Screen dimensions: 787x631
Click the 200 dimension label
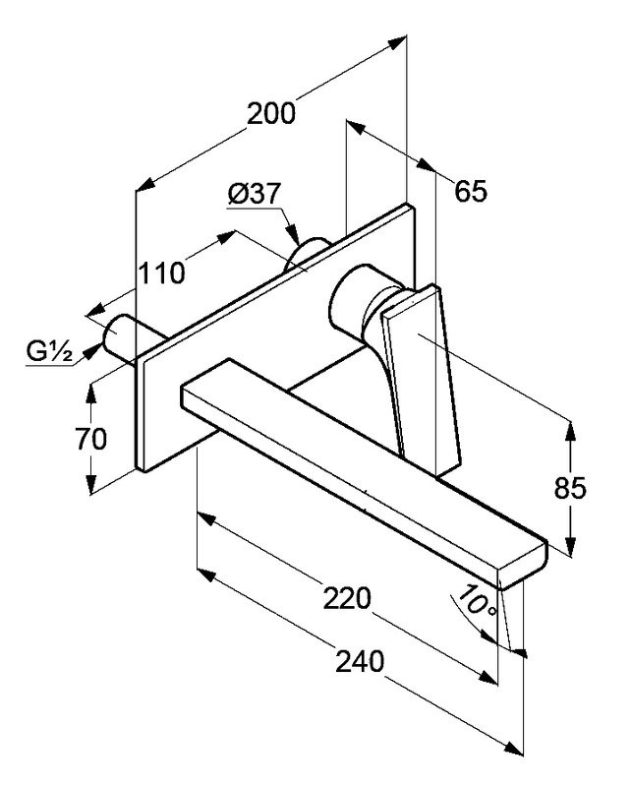click(x=270, y=113)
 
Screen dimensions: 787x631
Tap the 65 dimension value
click(x=471, y=191)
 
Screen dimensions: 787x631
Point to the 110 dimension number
click(x=160, y=272)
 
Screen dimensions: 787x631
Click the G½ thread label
click(x=47, y=351)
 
